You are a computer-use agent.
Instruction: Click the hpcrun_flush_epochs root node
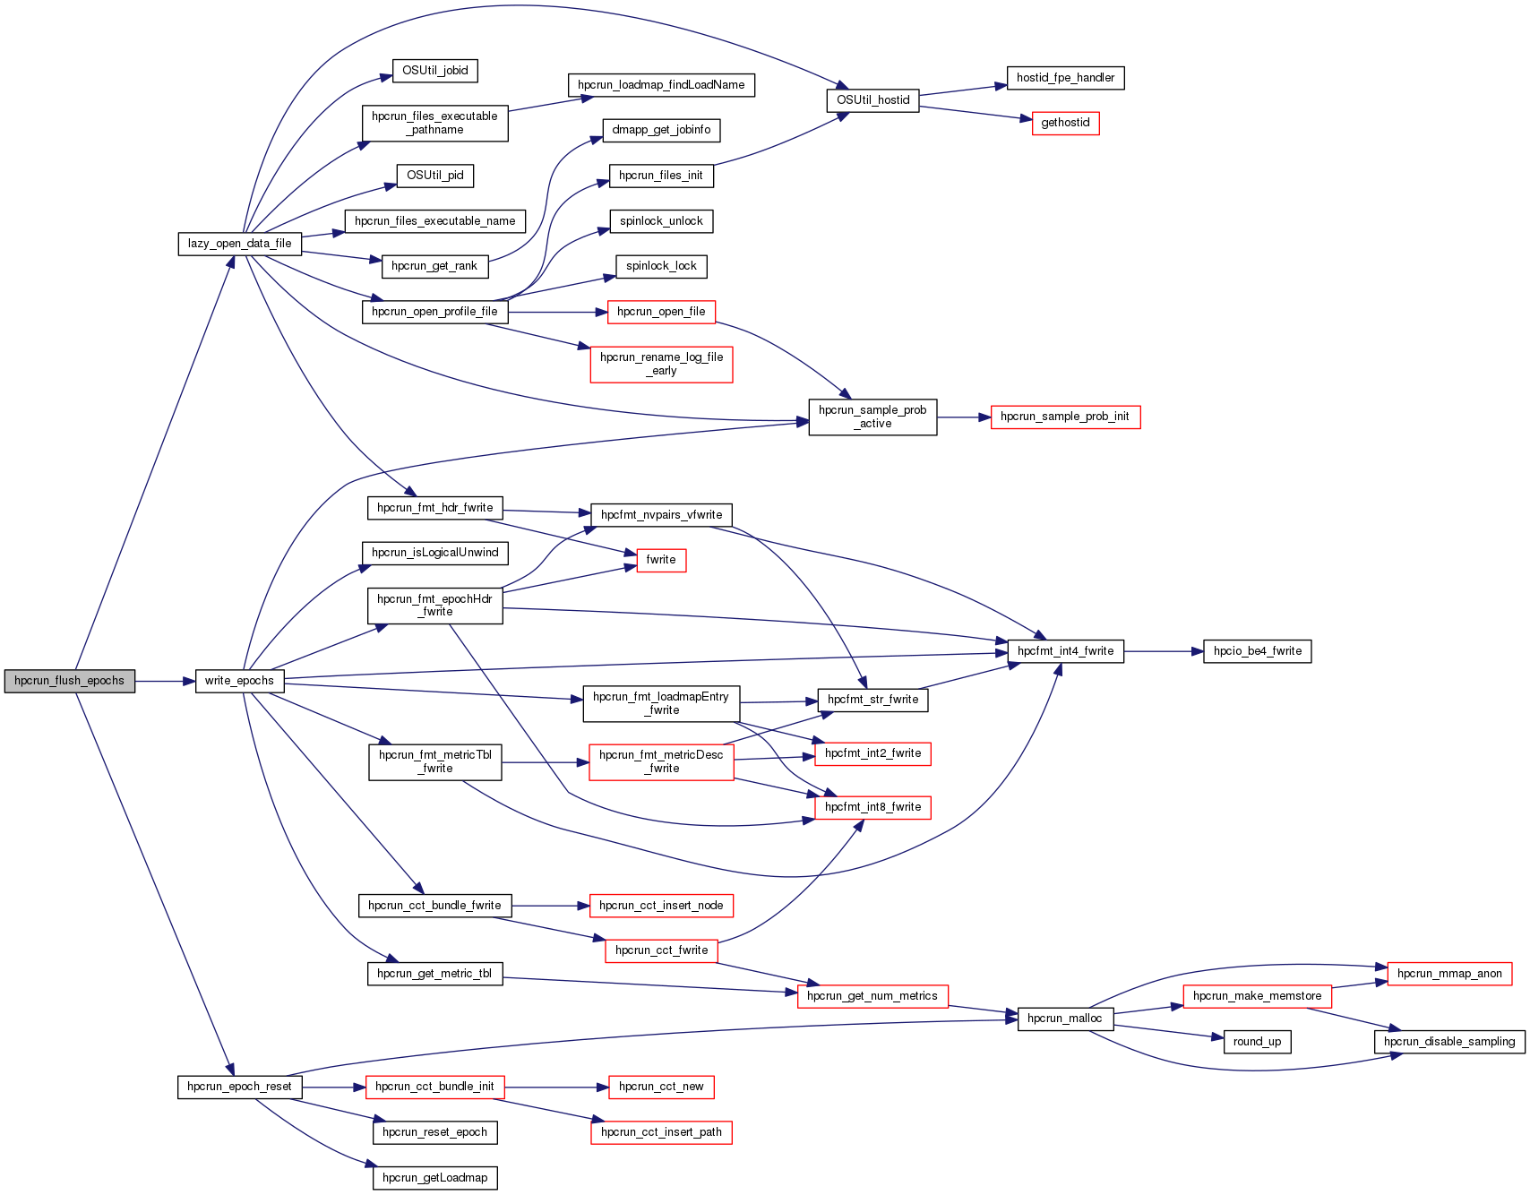[x=70, y=681]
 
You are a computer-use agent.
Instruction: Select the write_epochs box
[x=239, y=681]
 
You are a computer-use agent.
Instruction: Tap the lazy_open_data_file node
[x=239, y=244]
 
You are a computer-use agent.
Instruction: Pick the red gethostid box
[x=1065, y=123]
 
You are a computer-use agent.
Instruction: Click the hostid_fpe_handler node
[x=1065, y=78]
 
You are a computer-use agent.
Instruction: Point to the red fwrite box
[x=661, y=560]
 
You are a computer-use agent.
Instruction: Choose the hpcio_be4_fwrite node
[x=1257, y=651]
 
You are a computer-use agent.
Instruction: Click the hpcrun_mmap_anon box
[x=1448, y=974]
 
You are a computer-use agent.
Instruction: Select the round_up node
[x=1257, y=1042]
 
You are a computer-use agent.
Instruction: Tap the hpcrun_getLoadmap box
[x=434, y=1178]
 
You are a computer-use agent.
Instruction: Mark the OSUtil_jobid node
[x=434, y=71]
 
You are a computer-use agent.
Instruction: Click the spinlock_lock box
[x=661, y=266]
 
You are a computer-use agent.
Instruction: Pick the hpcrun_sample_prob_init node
[x=1065, y=417]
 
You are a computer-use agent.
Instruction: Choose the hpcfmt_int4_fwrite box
[x=1065, y=651]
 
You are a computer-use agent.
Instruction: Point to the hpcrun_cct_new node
[x=661, y=1087]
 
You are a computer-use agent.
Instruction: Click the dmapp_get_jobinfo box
[x=661, y=130]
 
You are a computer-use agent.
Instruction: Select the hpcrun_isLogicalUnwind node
[x=434, y=553]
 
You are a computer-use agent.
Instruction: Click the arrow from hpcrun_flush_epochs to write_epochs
[x=165, y=682]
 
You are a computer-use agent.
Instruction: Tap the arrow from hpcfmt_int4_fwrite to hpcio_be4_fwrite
[x=1163, y=652]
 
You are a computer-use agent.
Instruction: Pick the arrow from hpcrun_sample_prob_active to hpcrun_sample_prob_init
[x=963, y=417]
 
